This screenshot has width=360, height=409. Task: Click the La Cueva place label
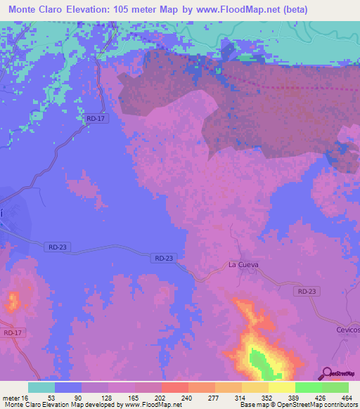(x=244, y=264)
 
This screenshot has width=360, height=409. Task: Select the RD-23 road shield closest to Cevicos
(x=307, y=291)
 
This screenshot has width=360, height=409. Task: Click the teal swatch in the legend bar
(x=41, y=387)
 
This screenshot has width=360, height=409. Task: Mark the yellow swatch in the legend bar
(x=282, y=387)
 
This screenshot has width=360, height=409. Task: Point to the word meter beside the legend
(x=13, y=397)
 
